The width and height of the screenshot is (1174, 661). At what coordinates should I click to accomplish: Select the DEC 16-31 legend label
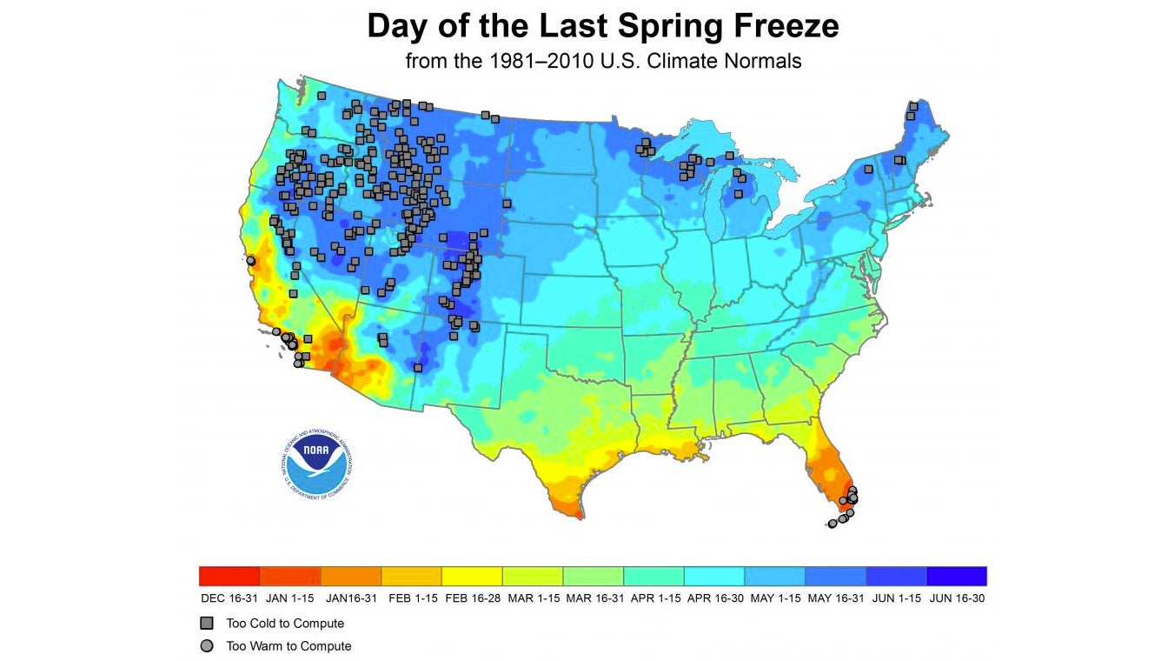click(x=229, y=598)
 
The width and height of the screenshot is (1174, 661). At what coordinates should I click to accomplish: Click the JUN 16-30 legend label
click(x=956, y=598)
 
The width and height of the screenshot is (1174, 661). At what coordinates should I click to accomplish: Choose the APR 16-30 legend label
click(x=713, y=598)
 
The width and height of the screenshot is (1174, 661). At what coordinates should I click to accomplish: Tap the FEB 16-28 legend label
click(x=472, y=598)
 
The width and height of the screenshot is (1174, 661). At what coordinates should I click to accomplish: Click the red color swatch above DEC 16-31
click(x=229, y=576)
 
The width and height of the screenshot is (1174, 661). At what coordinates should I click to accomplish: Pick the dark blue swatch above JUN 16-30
click(x=956, y=576)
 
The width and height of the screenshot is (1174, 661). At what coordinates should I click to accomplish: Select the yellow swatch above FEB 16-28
click(x=472, y=576)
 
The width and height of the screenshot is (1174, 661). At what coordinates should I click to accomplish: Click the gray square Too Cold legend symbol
click(x=206, y=624)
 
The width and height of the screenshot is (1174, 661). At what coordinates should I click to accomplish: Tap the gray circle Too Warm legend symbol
click(x=206, y=646)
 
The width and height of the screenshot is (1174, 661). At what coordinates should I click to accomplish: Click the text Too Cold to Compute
click(x=285, y=624)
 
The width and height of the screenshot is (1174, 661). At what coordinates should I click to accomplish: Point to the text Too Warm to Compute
click(x=289, y=646)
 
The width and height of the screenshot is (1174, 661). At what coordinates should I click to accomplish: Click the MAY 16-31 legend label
click(x=835, y=598)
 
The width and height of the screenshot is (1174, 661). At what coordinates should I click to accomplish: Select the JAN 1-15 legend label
click(x=290, y=598)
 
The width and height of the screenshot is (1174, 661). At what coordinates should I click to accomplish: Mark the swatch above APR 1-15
click(x=653, y=576)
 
